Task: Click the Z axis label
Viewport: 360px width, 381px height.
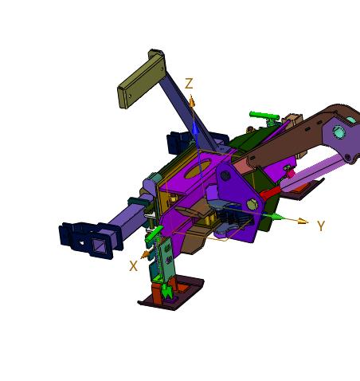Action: (189, 84)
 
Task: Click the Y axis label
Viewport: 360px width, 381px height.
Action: (320, 226)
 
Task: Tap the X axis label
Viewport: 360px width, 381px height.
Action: (133, 266)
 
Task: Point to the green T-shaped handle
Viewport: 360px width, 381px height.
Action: (265, 118)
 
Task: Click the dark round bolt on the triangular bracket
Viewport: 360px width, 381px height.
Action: (226, 175)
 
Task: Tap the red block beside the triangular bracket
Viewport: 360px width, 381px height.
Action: (268, 191)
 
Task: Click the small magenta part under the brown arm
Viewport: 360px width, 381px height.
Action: (290, 171)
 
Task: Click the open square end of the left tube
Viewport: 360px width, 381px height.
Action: (101, 244)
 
